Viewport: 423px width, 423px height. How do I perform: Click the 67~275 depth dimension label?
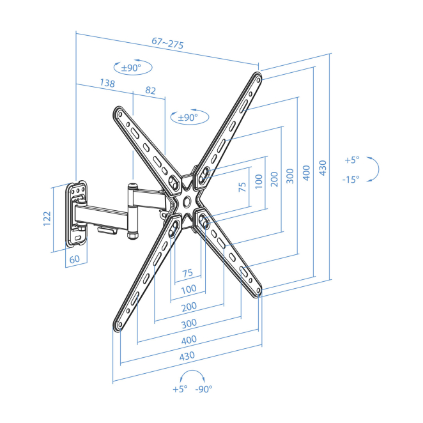click(x=168, y=44)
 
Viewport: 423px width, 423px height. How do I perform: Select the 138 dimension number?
click(x=107, y=83)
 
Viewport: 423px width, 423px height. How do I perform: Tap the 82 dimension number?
click(x=150, y=91)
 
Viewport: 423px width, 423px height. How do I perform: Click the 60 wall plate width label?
click(x=74, y=259)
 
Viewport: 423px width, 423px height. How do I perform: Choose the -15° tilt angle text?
click(x=350, y=180)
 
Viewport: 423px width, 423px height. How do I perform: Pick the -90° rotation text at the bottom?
click(x=204, y=389)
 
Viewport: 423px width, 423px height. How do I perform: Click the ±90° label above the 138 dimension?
click(x=133, y=68)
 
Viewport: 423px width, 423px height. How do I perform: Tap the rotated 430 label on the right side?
click(x=323, y=167)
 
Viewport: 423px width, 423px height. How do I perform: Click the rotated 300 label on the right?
click(x=290, y=176)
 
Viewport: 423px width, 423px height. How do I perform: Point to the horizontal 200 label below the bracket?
click(x=188, y=307)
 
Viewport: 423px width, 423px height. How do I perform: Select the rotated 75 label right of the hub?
click(x=242, y=187)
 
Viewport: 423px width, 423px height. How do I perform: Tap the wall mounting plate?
click(x=77, y=216)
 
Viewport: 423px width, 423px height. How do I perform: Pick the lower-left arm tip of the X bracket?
click(x=118, y=326)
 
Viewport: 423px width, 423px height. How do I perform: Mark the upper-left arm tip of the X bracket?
click(x=118, y=113)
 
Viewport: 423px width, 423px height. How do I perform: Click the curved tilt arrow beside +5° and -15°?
click(x=375, y=169)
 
